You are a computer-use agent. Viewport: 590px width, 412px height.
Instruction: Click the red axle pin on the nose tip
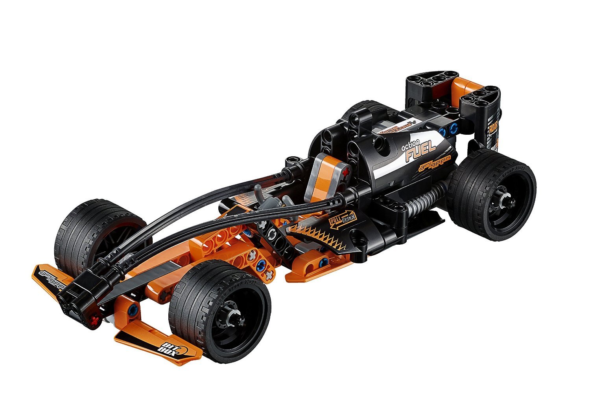tap(93, 319)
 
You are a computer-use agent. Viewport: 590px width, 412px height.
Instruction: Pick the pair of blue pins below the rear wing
tap(449, 129)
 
